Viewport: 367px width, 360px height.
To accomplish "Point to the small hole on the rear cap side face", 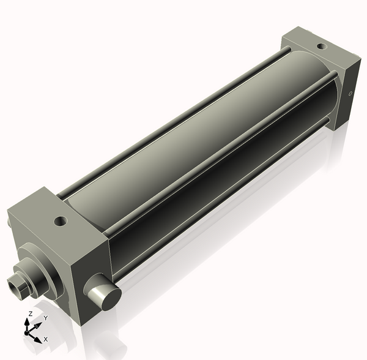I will (350, 94).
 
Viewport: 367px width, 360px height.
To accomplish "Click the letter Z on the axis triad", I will (30, 313).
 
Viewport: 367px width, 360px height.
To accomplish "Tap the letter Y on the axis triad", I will (45, 318).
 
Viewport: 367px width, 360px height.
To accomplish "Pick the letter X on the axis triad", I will (45, 339).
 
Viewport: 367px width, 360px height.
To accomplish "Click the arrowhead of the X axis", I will (37, 337).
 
